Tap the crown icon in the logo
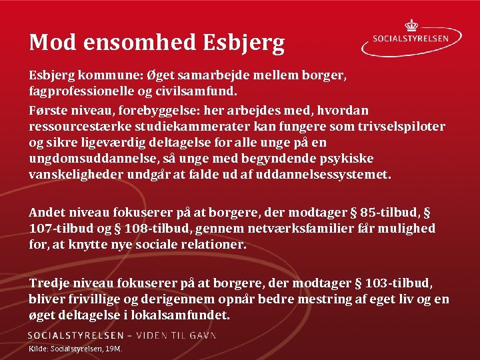point(411,25)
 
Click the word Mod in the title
point(47,43)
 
